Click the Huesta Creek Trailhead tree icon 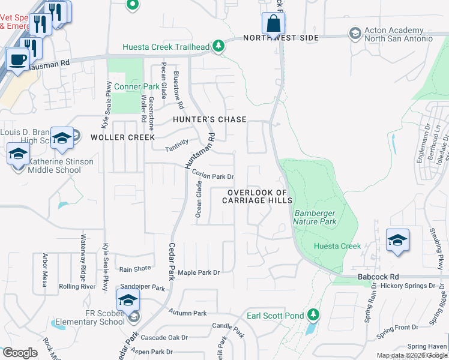(219, 46)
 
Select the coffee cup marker (17, 59)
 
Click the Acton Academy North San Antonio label (399, 35)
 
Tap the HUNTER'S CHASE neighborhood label (209, 119)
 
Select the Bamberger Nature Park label (315, 217)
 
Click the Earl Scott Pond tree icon (312, 314)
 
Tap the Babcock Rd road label (378, 277)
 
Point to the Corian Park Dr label (214, 176)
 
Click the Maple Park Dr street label (199, 272)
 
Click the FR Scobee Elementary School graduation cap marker (128, 301)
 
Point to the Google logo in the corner (20, 353)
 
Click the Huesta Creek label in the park (338, 246)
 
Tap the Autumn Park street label (187, 313)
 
